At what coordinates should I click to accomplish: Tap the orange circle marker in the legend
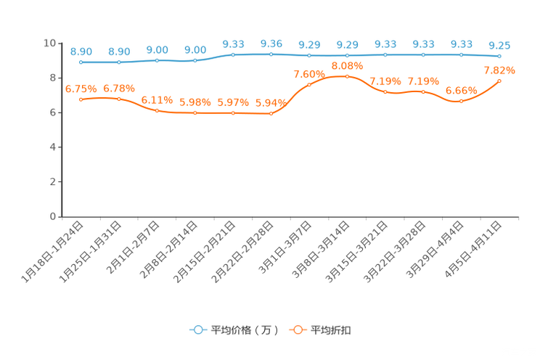click(298, 330)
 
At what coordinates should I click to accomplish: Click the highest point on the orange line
click(347, 75)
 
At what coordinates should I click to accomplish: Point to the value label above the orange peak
click(347, 65)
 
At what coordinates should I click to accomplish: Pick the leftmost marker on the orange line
click(81, 99)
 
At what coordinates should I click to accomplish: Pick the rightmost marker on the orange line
click(499, 81)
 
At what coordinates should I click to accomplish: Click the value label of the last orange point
click(499, 70)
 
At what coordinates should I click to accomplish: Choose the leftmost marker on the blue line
click(81, 62)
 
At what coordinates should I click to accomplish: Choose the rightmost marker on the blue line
click(499, 56)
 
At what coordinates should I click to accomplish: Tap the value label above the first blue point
click(81, 52)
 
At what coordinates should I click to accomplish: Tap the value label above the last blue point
click(499, 46)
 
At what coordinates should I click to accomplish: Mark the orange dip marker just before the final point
click(461, 101)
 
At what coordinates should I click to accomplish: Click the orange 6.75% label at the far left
click(81, 89)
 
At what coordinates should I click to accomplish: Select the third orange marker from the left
click(157, 110)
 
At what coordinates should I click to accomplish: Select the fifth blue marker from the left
click(233, 54)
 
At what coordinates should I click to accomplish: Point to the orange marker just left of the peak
click(309, 84)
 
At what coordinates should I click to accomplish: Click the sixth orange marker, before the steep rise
click(271, 114)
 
